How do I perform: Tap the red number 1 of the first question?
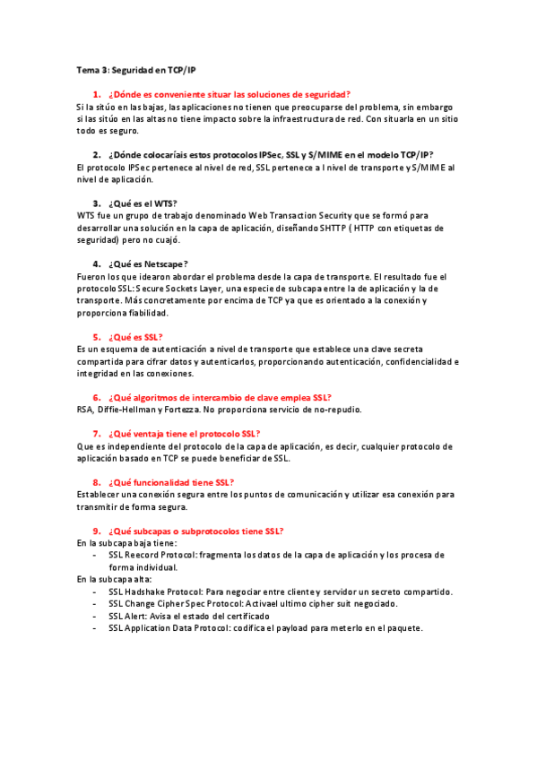point(95,94)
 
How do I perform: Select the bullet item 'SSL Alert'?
point(129,616)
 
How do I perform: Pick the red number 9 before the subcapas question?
point(95,531)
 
